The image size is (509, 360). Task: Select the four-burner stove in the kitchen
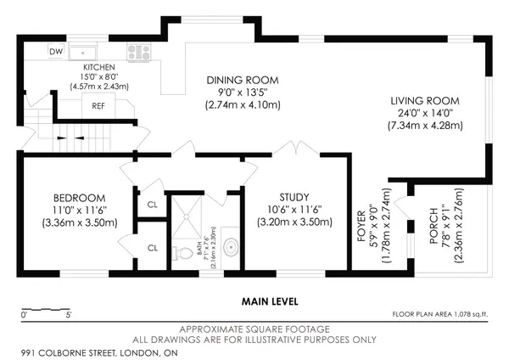tap(138, 53)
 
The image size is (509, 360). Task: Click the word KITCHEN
tap(99, 65)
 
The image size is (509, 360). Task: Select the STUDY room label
tap(293, 197)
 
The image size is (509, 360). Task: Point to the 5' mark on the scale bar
tap(69, 316)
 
